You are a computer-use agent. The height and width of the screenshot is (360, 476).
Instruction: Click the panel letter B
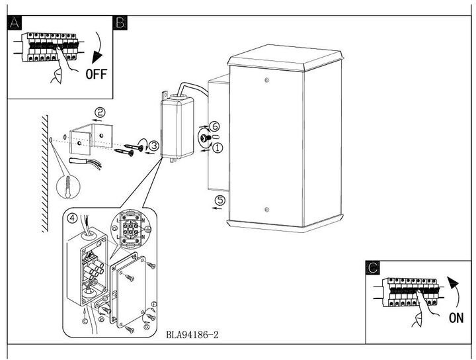[x=121, y=22]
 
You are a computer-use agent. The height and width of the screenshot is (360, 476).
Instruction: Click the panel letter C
[x=373, y=267]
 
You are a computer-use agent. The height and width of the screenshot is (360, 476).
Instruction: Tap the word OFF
[x=96, y=73]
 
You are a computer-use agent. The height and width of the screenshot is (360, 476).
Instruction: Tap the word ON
[x=456, y=318]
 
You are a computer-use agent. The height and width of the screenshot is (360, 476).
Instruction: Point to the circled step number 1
[x=218, y=148]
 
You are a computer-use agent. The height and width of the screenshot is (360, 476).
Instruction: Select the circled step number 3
[x=153, y=145]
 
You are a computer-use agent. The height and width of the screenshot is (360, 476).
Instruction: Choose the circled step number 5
[x=220, y=199]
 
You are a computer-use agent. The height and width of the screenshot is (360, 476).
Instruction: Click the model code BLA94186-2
[x=192, y=335]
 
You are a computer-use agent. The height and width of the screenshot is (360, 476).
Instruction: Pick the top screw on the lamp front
[x=266, y=81]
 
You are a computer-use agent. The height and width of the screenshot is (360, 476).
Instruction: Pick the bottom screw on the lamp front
[x=266, y=210]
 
